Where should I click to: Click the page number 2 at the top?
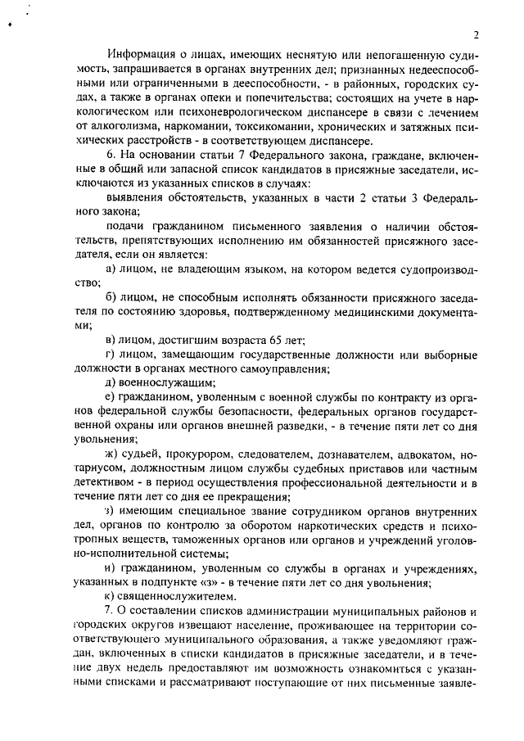(474, 34)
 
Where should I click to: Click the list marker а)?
(112, 269)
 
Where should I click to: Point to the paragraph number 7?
(111, 609)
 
